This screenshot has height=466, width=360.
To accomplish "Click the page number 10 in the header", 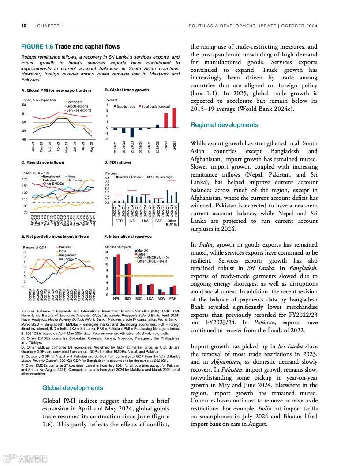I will (x=24, y=26).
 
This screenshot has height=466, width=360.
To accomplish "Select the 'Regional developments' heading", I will (x=224, y=125).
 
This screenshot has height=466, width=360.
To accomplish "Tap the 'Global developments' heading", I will (x=72, y=388).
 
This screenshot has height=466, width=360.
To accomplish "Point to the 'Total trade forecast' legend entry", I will (x=156, y=107).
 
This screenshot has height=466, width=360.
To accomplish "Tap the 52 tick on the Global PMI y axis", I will (x=24, y=105).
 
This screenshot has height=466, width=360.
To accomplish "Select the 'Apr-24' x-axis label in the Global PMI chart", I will (x=58, y=147).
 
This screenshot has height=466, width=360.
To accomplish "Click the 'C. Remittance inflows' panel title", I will (x=42, y=162).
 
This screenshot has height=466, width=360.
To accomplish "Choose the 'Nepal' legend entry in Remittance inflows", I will (x=72, y=177).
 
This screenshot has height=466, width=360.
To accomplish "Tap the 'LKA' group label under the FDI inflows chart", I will (x=145, y=220).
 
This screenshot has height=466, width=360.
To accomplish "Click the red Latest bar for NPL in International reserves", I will (x=118, y=274).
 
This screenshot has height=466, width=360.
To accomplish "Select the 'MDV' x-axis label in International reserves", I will (x=161, y=299).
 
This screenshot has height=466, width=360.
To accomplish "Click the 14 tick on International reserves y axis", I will (x=106, y=252).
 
